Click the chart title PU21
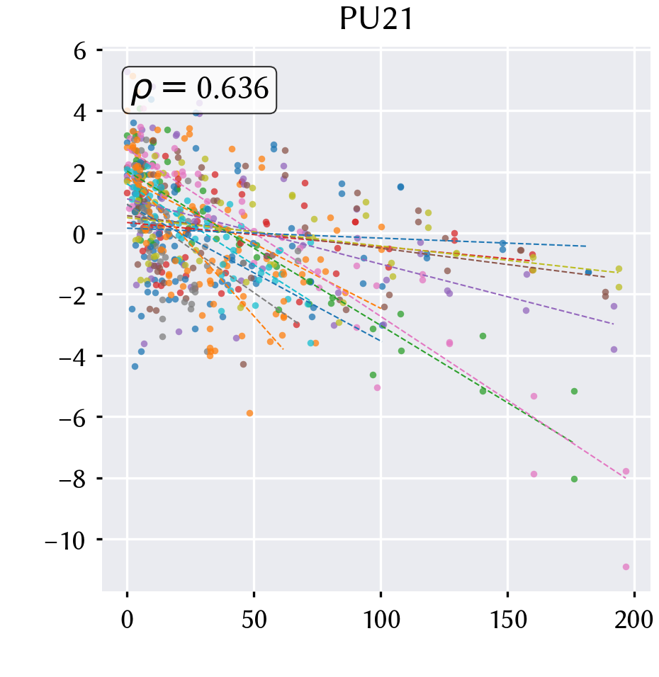pos(376,19)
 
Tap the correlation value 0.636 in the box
pos(232,89)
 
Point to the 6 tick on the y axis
pos(80,52)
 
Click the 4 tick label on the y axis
pos(80,113)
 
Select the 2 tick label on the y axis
pos(80,173)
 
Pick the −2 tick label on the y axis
pos(72,296)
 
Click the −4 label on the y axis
pos(72,357)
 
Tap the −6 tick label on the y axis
pos(72,418)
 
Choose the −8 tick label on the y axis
pos(72,479)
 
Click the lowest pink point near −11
pos(626,567)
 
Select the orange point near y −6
pos(249,413)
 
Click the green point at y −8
pos(574,479)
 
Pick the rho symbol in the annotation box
pos(142,90)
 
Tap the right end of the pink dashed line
pos(625,479)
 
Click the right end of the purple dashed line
pos(613,324)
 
